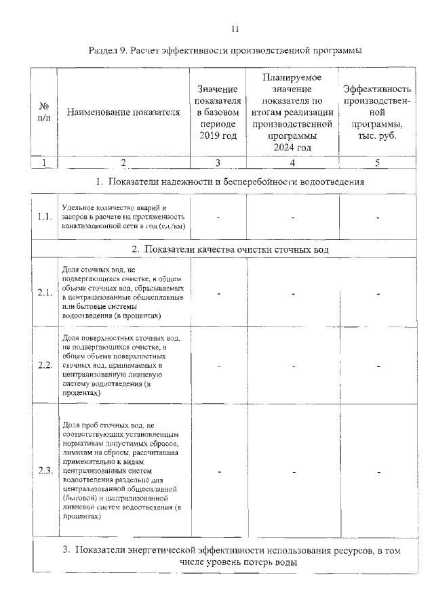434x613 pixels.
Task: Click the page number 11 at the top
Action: (235, 28)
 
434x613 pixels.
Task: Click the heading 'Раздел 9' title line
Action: (225, 50)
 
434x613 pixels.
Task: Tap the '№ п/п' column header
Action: (45, 112)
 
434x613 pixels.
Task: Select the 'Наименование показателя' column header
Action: (123, 112)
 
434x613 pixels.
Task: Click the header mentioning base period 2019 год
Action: (218, 112)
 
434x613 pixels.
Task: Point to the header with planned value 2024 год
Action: (292, 112)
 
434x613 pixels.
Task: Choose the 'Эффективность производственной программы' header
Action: (377, 112)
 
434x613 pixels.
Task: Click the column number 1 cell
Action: (45, 163)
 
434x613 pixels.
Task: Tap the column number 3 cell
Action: (218, 163)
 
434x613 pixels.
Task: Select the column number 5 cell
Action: (377, 163)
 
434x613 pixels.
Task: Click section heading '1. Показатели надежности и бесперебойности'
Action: (230, 182)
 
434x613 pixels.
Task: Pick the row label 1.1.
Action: (45, 217)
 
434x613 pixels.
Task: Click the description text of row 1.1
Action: (123, 217)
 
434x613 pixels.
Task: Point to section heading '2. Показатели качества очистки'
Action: (230, 249)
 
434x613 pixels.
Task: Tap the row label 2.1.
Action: (45, 293)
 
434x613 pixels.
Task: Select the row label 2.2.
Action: (45, 365)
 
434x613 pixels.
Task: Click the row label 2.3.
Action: (45, 471)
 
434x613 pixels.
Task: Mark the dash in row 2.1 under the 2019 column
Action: (219, 294)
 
